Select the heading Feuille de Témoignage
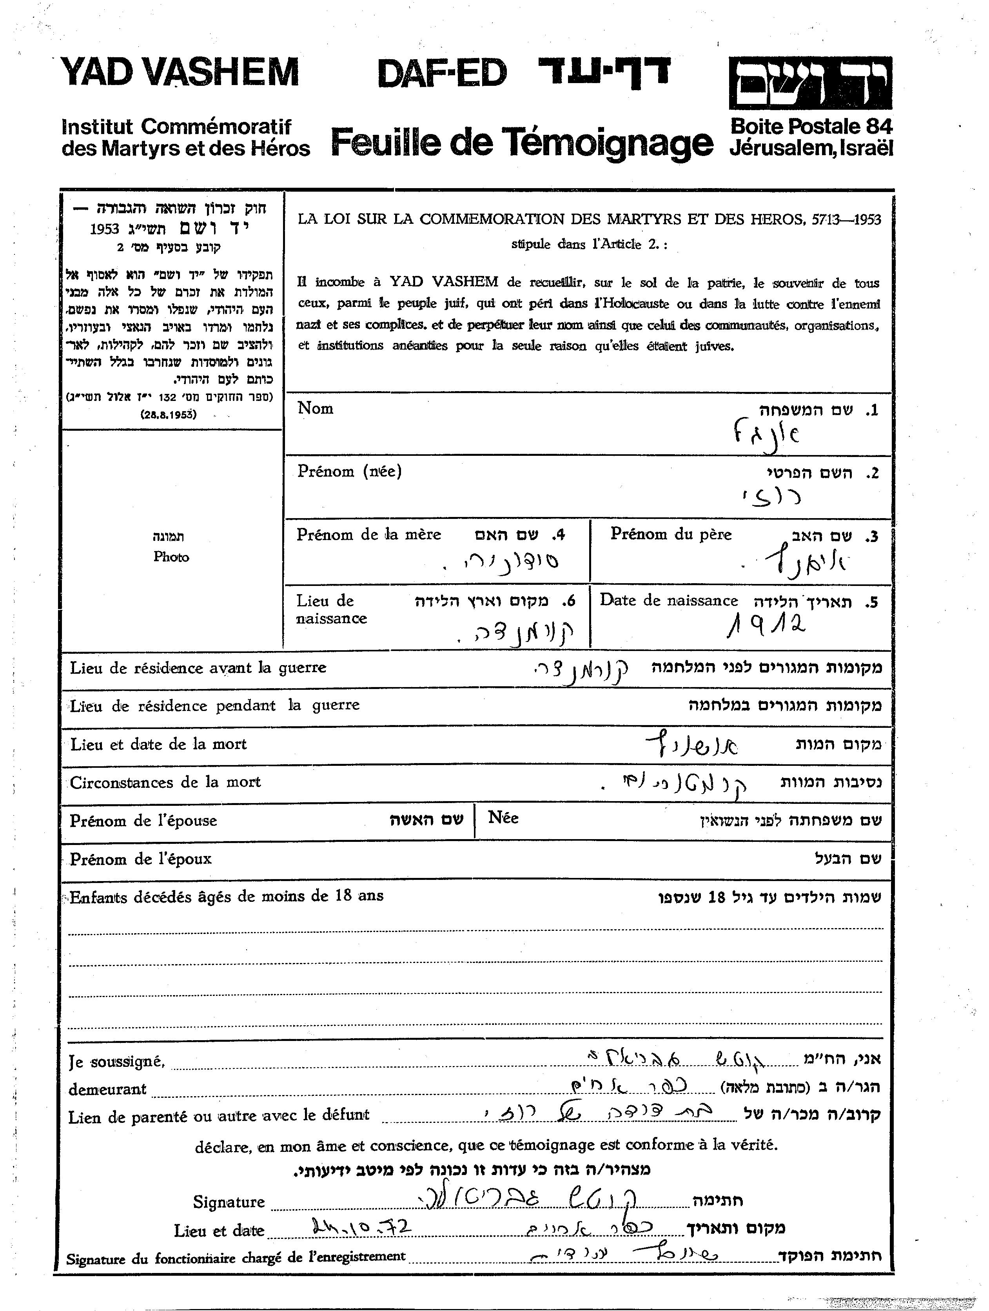(521, 143)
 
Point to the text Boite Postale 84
(811, 126)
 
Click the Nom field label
(316, 408)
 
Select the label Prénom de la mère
(369, 535)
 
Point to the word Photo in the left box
(171, 557)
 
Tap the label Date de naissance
(668, 600)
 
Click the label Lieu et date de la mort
(158, 744)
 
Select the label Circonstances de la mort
(165, 782)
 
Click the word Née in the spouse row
(503, 818)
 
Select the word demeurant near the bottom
(107, 1089)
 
